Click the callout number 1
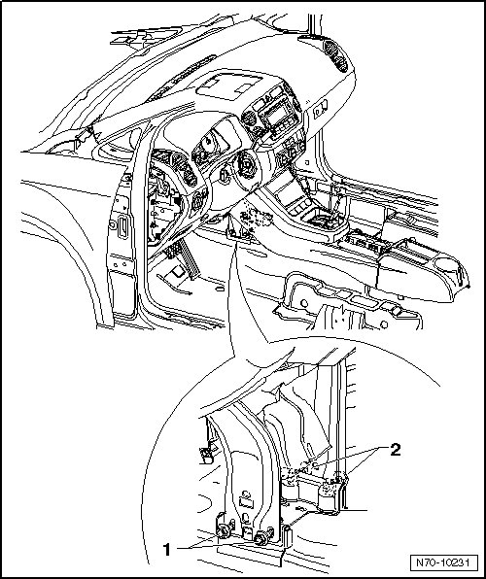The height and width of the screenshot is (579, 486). (x=167, y=550)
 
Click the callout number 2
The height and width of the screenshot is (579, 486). (x=395, y=450)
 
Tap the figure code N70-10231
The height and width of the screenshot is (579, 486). (x=442, y=562)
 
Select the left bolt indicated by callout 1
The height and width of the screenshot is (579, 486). (x=224, y=531)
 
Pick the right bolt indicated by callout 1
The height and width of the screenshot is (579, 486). (x=261, y=537)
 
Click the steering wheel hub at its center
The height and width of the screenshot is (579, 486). (x=245, y=163)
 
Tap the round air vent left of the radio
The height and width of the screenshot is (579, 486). (x=249, y=119)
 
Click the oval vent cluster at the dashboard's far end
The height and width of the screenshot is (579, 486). (x=335, y=55)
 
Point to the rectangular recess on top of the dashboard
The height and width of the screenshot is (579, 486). (x=228, y=85)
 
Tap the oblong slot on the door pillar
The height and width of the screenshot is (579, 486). (x=122, y=227)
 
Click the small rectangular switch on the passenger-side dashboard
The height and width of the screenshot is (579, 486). (x=320, y=110)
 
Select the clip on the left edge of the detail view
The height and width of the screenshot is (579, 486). (x=206, y=455)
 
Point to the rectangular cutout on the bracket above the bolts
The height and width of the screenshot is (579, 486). (x=245, y=502)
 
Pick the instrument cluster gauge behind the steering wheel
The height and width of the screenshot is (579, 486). (x=210, y=142)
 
